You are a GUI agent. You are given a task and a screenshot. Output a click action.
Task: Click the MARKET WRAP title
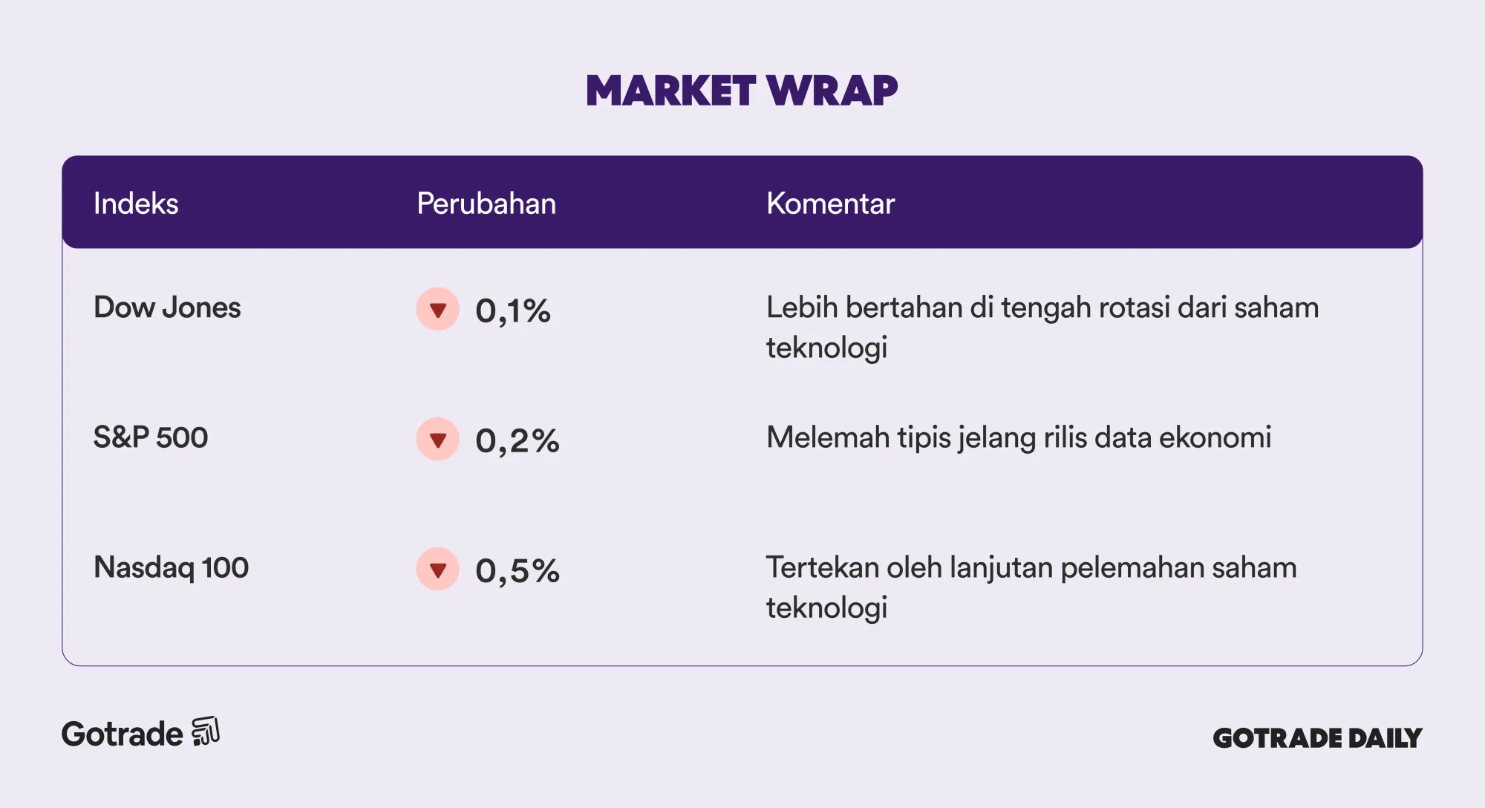[x=742, y=91]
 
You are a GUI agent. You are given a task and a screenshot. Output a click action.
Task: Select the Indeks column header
[x=136, y=203]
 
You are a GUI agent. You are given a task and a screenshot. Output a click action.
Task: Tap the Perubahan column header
[x=486, y=203]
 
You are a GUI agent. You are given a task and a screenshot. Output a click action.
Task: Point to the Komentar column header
[x=830, y=203]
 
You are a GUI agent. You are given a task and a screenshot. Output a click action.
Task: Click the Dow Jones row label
[x=167, y=307]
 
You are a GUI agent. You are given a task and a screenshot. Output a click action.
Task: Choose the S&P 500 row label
[x=151, y=437]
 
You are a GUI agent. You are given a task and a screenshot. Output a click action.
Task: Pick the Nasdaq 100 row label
[x=171, y=567]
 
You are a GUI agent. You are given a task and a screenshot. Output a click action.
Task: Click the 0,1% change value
[x=513, y=310]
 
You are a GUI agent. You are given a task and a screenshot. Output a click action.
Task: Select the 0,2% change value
[x=518, y=440]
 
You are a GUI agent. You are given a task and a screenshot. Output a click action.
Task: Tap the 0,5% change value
[x=518, y=570]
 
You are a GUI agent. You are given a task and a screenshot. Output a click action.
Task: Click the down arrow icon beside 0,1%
[x=438, y=309]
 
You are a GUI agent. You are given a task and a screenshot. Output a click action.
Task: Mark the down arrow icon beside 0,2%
[x=438, y=439]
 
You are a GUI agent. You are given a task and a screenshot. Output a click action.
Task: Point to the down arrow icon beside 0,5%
[x=438, y=569]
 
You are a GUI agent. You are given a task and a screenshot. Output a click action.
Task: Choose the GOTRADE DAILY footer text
[x=1317, y=737]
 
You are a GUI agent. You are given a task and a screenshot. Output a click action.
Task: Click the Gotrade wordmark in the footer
[x=123, y=734]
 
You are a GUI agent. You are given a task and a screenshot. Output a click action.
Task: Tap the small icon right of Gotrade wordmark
[x=206, y=732]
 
